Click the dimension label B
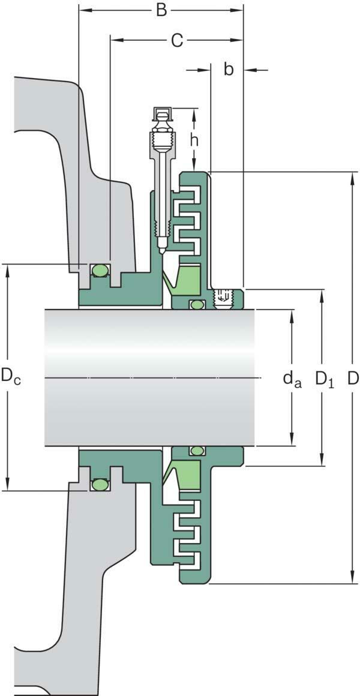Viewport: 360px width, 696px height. click(161, 10)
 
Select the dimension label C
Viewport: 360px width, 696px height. click(176, 40)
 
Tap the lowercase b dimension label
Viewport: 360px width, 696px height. click(229, 69)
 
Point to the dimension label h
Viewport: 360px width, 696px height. click(194, 140)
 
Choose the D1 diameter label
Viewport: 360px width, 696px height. click(324, 379)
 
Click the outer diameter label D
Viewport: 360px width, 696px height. click(353, 377)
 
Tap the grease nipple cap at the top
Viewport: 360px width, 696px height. click(162, 113)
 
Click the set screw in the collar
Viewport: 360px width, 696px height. click(223, 296)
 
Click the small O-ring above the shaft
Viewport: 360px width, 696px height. click(196, 304)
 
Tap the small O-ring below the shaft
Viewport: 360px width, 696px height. click(196, 451)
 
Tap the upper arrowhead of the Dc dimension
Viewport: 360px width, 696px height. click(8, 269)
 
